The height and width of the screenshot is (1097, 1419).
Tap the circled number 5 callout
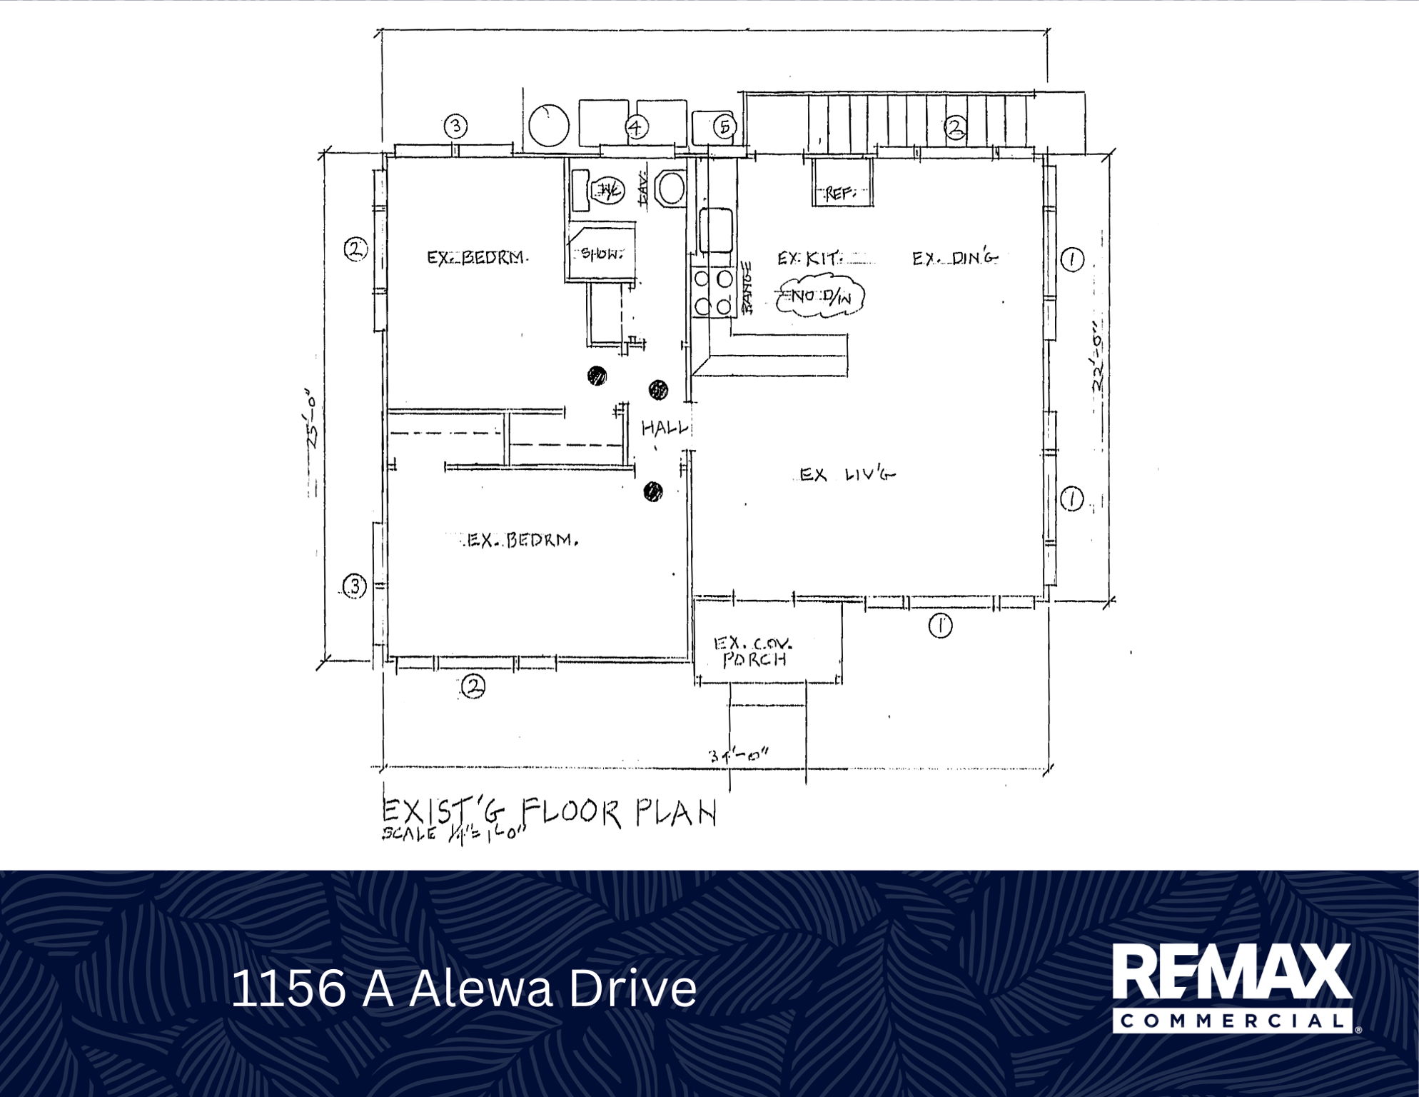point(724,127)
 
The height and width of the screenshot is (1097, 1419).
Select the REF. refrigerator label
point(841,194)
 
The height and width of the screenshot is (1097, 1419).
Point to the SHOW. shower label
point(602,254)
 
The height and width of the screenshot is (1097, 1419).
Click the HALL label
point(665,428)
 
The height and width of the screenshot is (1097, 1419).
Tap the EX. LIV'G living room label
point(846,474)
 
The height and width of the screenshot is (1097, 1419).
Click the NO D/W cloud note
point(820,297)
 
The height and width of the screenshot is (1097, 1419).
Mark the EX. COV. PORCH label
point(755,651)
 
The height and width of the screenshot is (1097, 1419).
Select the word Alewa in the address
point(480,988)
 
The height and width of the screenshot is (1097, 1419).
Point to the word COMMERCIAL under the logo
point(1232,1021)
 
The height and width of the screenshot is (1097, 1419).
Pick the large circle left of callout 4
point(549,125)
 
